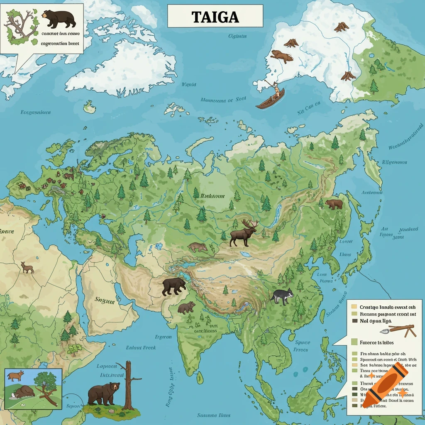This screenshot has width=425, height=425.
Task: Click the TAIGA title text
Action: [x=215, y=17]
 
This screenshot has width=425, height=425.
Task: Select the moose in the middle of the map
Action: [x=243, y=235]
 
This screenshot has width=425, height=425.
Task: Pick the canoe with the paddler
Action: [x=270, y=99]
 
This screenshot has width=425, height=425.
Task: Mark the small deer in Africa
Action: [x=27, y=267]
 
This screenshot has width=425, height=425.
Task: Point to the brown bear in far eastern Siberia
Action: [x=334, y=204]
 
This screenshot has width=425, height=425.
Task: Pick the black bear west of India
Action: [x=174, y=286]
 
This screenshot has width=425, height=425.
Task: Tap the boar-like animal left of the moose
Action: [x=197, y=247]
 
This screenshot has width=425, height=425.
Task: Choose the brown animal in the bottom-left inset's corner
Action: [x=15, y=376]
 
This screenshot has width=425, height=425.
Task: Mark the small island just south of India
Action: [x=200, y=378]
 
